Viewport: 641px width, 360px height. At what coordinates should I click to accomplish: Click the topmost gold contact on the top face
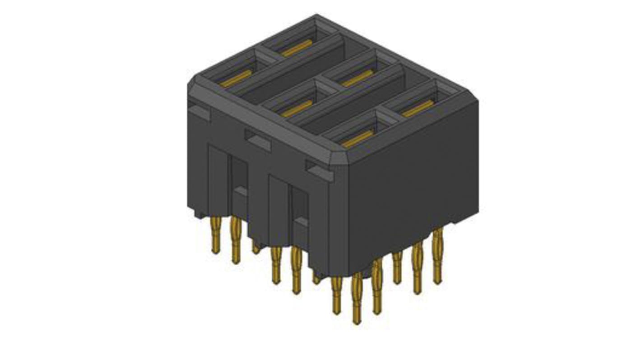tap(296, 48)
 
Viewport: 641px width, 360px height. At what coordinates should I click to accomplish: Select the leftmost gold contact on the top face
tap(236, 78)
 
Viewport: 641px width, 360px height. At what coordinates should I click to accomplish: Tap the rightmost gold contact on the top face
tap(418, 109)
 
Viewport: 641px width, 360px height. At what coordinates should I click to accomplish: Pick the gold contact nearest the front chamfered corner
tap(358, 139)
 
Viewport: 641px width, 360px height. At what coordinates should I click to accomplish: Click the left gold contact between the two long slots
tap(297, 109)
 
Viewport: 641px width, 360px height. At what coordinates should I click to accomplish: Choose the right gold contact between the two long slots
tap(357, 78)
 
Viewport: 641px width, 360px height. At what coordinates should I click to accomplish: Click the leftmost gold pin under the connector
tap(216, 235)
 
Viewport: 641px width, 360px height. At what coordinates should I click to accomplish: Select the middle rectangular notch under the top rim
tap(258, 140)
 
